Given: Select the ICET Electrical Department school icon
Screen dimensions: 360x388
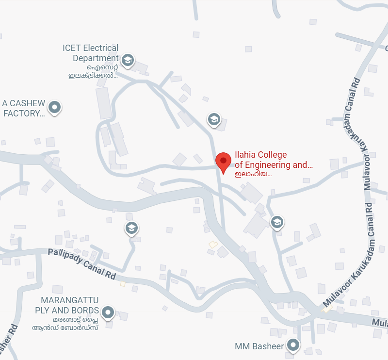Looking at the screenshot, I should [128, 60].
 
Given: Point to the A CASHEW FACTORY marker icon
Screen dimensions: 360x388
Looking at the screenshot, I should [55, 107].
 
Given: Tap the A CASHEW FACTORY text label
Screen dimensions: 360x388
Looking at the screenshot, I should [24, 109].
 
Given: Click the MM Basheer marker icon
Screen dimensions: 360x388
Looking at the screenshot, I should [293, 345].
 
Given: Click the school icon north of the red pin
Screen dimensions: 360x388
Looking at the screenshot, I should [214, 119].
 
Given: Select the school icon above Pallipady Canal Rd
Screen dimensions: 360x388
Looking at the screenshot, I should [131, 228].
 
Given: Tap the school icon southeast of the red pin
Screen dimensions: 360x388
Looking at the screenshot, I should [276, 222].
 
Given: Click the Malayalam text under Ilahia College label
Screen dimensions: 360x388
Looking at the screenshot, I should [253, 174].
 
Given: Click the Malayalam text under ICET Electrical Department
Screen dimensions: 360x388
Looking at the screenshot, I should [93, 71].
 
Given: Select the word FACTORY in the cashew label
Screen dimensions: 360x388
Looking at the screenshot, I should [24, 114].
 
